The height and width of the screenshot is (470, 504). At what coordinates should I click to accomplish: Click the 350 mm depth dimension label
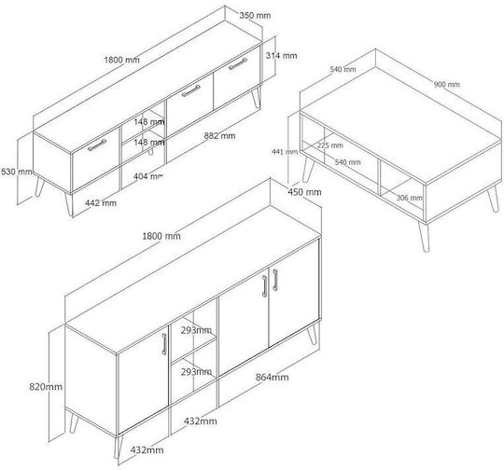pos(255,15)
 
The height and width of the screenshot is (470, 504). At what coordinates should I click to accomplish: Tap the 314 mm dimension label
pos(281,56)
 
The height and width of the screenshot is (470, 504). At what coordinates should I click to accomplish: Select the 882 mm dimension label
pos(219,136)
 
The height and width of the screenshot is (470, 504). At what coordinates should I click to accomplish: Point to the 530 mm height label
pos(17,172)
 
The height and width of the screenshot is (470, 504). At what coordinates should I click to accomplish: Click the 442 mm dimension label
pos(101,203)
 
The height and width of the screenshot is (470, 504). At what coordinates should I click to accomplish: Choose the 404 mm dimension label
pos(148,176)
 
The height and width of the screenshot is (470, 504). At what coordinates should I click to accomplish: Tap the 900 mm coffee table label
pos(447,85)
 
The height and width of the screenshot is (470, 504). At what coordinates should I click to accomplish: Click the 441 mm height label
pos(285,151)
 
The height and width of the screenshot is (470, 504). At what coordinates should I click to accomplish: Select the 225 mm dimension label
pos(330,145)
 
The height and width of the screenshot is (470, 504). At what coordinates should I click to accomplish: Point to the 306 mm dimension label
pos(409,198)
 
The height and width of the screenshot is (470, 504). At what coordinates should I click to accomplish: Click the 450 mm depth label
pos(304,192)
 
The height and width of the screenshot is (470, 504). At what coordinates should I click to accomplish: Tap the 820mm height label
pos(46,386)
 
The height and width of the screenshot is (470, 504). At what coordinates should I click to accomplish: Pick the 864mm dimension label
pos(272,377)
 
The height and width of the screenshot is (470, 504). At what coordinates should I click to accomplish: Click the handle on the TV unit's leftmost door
pos(97,145)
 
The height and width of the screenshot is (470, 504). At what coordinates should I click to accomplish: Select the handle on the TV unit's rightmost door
pos(238,63)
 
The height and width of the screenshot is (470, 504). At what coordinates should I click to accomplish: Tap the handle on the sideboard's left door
pos(164,344)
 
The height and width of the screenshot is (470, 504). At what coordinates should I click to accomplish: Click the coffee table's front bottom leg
pos(424,237)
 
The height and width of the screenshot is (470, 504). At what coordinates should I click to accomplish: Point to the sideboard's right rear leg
pos(313,334)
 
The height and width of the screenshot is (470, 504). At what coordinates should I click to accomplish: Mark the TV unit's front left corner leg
pos(69,204)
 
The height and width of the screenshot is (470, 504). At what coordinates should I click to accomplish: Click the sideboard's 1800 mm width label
pos(161,236)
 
